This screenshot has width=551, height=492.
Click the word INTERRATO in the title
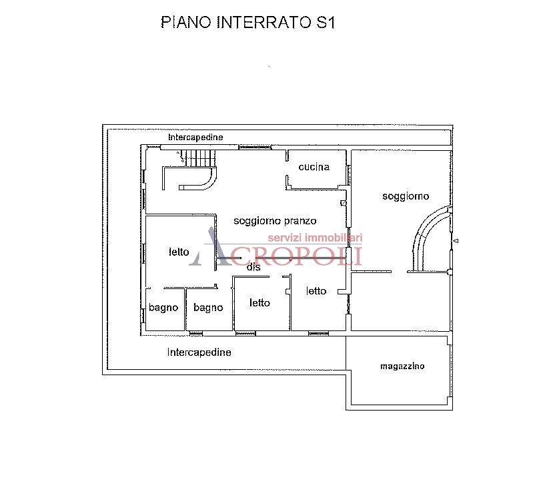click(263, 22)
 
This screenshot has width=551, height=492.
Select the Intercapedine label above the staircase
click(195, 137)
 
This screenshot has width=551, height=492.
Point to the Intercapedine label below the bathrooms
click(199, 352)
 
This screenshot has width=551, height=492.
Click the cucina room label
click(314, 167)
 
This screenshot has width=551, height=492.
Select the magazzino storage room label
click(402, 366)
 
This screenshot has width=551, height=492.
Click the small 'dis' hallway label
click(253, 267)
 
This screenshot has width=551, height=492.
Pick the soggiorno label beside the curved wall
click(406, 196)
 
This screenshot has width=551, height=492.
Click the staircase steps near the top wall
click(200, 158)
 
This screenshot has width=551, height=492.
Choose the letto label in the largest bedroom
click(179, 252)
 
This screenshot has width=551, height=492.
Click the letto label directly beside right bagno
click(259, 302)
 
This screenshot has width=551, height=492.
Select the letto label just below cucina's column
click(316, 290)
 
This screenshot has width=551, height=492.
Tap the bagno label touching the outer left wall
click(163, 308)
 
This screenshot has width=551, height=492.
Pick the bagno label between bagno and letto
click(208, 308)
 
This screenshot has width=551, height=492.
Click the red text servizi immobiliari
click(314, 238)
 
